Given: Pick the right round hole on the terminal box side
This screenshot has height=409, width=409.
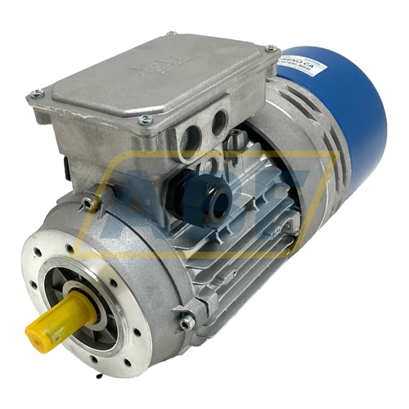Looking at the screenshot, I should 219,122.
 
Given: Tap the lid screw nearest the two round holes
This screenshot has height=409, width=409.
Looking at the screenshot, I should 146,120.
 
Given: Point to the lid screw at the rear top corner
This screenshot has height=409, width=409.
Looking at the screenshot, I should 171,34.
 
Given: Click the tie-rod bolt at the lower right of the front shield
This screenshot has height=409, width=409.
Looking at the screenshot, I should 187,322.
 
